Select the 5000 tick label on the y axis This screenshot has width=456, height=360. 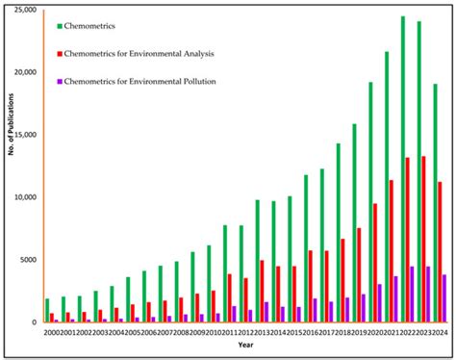(24, 260)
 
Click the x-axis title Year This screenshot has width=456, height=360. (247, 344)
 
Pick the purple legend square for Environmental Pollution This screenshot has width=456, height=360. (61, 82)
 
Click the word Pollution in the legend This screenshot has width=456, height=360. (197, 82)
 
